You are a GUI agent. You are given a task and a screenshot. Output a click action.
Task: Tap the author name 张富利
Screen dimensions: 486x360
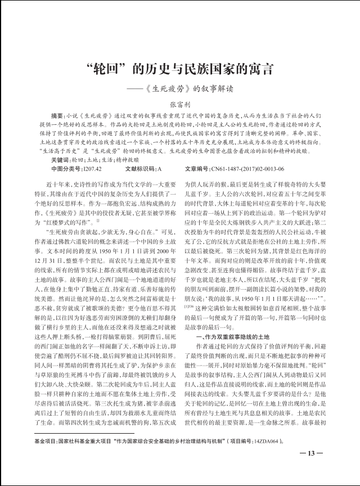click(x=180, y=105)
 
